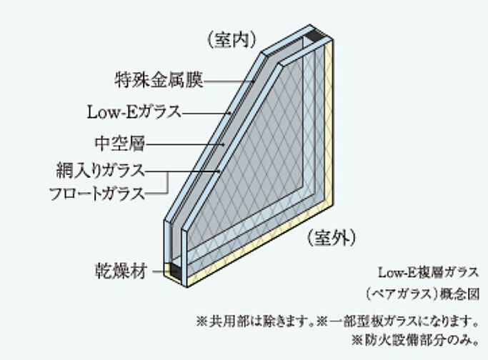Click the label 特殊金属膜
[159, 80]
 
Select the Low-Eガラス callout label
[134, 112]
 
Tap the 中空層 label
[120, 144]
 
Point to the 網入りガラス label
[101, 170]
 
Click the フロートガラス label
[97, 194]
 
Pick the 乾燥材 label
[121, 271]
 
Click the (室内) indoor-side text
[232, 39]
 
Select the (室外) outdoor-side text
[331, 238]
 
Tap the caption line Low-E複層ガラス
[428, 273]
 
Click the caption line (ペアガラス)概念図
[423, 294]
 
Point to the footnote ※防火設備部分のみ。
[416, 340]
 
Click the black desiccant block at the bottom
[175, 271]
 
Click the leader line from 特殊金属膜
[229, 81]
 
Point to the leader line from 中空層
[185, 144]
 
